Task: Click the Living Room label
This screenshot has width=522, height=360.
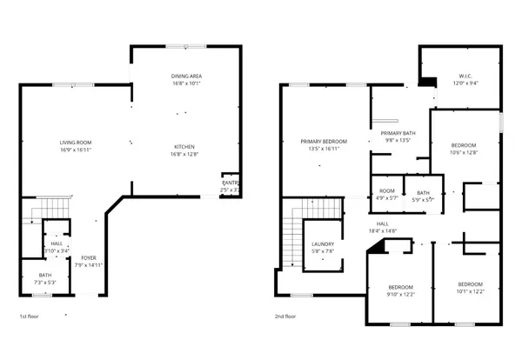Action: point(76,142)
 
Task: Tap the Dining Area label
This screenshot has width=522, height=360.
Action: point(186,77)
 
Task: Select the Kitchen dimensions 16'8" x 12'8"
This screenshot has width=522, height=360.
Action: point(186,154)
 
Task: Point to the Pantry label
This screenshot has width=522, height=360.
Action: point(230,183)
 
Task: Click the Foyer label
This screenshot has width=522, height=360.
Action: point(89,258)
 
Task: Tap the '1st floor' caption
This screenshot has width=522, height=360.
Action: point(29,317)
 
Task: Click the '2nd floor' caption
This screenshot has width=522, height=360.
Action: point(285,317)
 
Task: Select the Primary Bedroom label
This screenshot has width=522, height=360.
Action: point(324,142)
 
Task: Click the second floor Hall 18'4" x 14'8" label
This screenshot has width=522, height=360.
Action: point(382,227)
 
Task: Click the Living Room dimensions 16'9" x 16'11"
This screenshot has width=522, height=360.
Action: point(76,150)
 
